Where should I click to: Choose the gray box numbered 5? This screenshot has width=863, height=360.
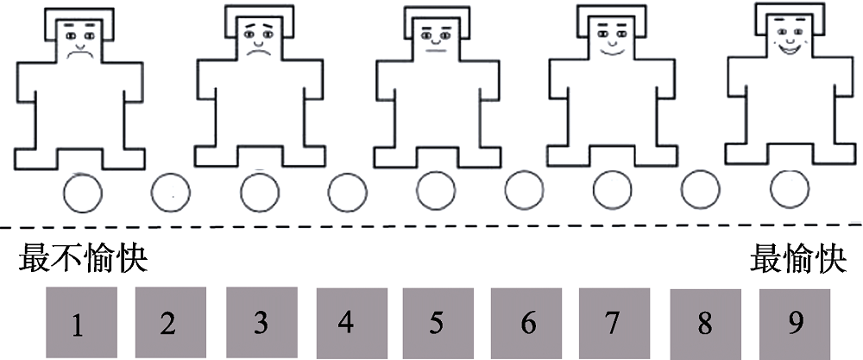[437, 322]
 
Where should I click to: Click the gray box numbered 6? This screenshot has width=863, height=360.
[527, 322]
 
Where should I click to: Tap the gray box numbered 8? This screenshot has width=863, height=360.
[704, 323]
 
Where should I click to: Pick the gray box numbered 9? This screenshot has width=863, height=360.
[795, 322]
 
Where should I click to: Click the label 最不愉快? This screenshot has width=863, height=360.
[84, 258]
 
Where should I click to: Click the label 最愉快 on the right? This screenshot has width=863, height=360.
[792, 258]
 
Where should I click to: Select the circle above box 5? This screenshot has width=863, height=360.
[436, 191]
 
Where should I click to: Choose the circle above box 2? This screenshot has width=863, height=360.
[171, 192]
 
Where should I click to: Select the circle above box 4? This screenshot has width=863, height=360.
[348, 192]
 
